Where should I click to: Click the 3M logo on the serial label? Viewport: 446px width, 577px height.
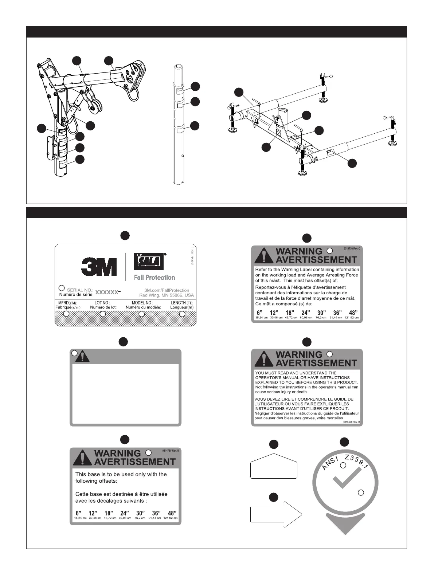[x=99, y=267]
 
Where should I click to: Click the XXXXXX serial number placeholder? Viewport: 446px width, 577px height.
[x=107, y=292]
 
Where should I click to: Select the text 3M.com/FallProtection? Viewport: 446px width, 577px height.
[x=164, y=290]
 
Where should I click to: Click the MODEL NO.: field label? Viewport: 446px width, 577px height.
[x=142, y=303]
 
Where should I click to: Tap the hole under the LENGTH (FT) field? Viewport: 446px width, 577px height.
[x=182, y=314]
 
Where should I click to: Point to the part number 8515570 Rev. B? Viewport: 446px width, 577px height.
[x=351, y=422]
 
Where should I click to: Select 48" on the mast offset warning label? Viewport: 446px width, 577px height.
[x=353, y=313]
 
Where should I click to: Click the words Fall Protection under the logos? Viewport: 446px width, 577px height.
[x=154, y=277]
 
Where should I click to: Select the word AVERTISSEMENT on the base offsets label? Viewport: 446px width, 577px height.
[x=134, y=462]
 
